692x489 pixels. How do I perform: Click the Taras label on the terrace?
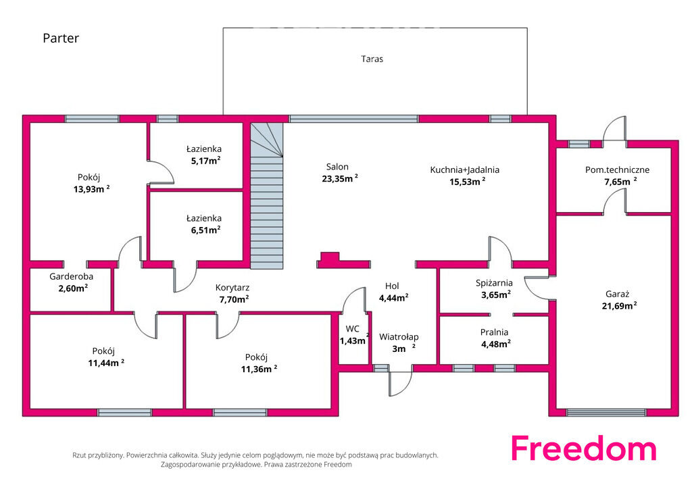(372, 59)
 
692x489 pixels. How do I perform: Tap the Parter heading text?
(61, 38)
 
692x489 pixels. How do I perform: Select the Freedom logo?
(584, 448)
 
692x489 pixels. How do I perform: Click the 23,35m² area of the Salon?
(340, 178)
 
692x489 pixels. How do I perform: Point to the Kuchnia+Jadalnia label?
(465, 170)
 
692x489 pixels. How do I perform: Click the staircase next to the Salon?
(267, 195)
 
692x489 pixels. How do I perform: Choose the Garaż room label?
(618, 294)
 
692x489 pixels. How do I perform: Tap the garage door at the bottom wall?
(606, 413)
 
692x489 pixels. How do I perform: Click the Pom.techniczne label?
(618, 170)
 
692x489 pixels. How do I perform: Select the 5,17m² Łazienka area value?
(205, 161)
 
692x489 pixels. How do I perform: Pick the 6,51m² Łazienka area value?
(205, 230)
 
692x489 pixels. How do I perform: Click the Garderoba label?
(71, 276)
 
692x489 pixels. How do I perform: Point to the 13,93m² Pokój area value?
(91, 189)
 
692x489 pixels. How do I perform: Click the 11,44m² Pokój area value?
(106, 363)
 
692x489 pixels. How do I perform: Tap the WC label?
(353, 329)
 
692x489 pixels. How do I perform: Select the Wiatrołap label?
(399, 337)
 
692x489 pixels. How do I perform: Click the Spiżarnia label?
(494, 283)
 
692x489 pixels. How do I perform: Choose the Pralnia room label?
(494, 332)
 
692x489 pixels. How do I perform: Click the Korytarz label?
(232, 288)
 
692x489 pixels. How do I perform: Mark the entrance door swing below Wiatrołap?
(400, 384)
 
